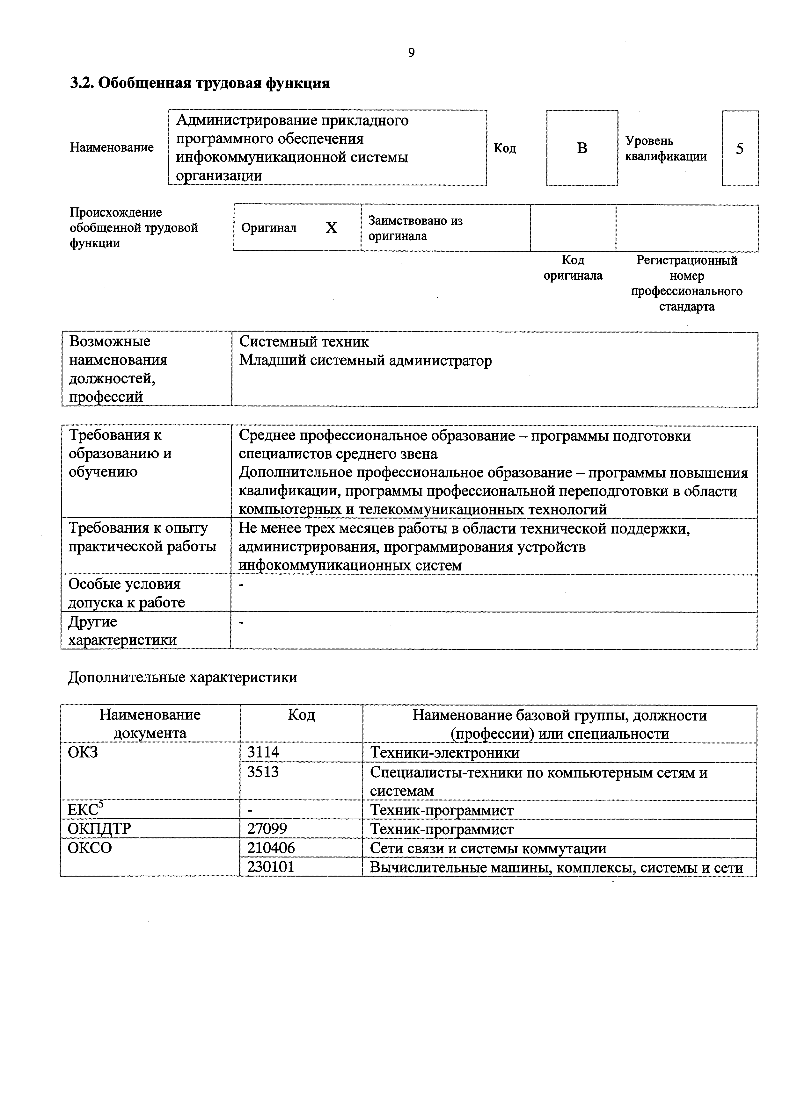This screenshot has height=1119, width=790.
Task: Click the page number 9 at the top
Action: click(x=411, y=53)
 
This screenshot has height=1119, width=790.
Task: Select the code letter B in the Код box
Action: click(x=582, y=148)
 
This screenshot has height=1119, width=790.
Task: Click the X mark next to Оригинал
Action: click(x=331, y=228)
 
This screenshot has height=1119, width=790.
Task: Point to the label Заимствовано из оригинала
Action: click(x=415, y=228)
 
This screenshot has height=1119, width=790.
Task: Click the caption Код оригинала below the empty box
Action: click(x=573, y=268)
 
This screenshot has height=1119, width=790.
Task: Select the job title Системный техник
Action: click(x=304, y=342)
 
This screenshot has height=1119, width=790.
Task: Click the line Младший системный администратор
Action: click(x=365, y=361)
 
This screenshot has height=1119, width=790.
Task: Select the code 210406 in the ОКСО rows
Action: click(x=271, y=848)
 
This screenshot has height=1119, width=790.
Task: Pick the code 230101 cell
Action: click(x=271, y=867)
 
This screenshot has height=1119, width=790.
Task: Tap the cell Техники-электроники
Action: click(x=444, y=752)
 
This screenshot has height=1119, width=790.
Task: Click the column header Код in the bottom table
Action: click(x=301, y=715)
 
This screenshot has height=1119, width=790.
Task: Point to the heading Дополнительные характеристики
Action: click(x=182, y=678)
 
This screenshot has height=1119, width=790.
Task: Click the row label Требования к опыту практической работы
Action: click(x=142, y=537)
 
